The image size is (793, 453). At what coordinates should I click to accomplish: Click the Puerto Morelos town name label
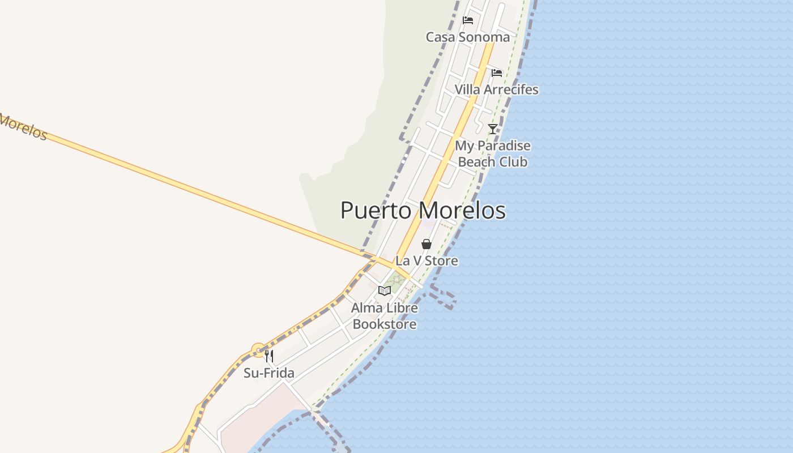tap(423, 211)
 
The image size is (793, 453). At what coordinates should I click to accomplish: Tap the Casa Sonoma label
tap(468, 37)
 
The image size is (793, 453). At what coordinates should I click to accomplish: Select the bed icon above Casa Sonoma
tap(468, 20)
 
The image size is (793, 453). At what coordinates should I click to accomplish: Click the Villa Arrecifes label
tap(496, 89)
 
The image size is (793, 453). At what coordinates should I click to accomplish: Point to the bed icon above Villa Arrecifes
tap(497, 72)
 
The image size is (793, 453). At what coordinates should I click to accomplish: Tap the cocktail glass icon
tap(493, 129)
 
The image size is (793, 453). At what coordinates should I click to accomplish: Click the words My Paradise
tap(493, 146)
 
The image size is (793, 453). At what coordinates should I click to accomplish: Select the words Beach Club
tap(493, 162)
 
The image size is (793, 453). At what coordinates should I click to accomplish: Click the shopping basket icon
tap(427, 244)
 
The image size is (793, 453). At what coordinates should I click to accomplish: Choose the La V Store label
tap(427, 261)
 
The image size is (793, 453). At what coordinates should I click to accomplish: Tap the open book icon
tap(385, 291)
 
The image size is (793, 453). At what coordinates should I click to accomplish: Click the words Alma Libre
tap(385, 308)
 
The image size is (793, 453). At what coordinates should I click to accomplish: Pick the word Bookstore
tap(385, 324)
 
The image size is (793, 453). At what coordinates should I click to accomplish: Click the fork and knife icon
tap(269, 356)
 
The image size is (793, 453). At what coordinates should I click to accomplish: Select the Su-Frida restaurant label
tap(269, 373)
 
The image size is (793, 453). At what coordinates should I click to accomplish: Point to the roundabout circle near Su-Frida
tap(258, 351)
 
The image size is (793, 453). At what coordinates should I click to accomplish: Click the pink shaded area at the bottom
tap(255, 425)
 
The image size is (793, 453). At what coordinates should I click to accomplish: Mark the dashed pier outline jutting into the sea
tap(445, 297)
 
